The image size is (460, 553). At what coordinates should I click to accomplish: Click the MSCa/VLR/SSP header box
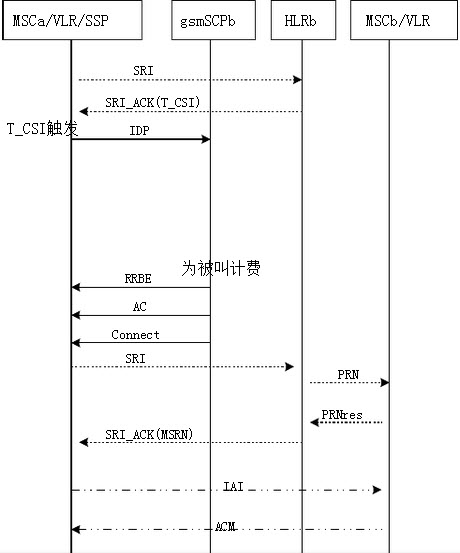click(x=72, y=20)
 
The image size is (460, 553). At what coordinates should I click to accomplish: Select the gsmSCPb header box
click(x=213, y=20)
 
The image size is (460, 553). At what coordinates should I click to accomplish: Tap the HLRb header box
click(x=303, y=20)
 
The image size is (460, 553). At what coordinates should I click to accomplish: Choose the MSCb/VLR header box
click(x=404, y=20)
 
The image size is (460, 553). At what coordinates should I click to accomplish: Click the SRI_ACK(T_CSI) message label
click(x=152, y=103)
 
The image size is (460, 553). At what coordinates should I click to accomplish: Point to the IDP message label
click(x=139, y=131)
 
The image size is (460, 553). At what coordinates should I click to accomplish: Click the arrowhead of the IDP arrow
click(x=206, y=139)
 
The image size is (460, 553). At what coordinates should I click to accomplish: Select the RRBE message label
click(x=138, y=279)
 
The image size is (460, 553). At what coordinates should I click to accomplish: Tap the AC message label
click(x=139, y=306)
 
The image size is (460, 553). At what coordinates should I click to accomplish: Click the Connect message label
click(x=135, y=334)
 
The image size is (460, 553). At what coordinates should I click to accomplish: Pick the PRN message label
click(x=348, y=374)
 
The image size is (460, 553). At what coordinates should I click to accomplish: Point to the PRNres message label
click(x=342, y=414)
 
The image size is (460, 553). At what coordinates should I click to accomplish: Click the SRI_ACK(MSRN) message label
click(x=149, y=434)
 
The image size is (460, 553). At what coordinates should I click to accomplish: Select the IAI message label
click(x=233, y=487)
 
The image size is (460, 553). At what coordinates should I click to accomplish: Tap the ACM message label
click(x=225, y=527)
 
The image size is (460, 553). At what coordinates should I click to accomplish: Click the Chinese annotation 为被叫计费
click(x=221, y=268)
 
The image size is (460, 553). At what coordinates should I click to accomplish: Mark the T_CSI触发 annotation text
click(x=42, y=128)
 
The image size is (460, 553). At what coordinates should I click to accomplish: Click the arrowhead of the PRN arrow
click(x=385, y=383)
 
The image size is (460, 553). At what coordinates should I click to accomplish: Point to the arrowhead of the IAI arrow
click(x=377, y=490)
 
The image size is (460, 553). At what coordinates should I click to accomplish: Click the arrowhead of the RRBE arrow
click(x=76, y=287)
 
